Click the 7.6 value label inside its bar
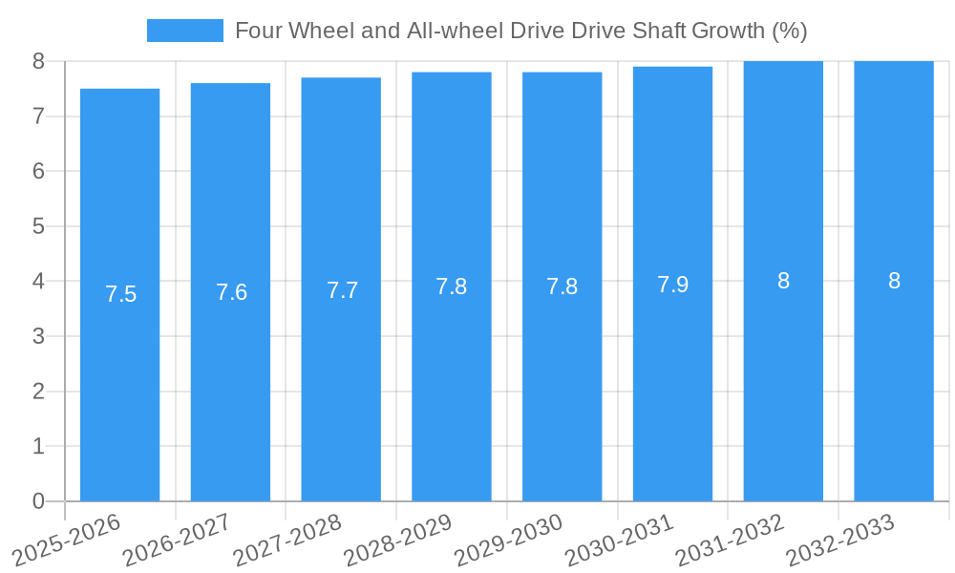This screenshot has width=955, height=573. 231,292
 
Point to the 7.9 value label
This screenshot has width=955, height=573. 672,285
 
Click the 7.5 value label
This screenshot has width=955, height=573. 120,294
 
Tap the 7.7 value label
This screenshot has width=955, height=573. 342,290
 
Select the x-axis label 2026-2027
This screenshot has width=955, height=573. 178,540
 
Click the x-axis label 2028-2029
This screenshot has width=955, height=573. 397,540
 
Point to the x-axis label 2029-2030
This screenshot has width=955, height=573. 508,540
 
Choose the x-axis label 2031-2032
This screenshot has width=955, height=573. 730,540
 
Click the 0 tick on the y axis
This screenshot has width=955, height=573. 38,501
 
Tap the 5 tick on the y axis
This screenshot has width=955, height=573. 38,226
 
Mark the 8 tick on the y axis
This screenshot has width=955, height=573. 38,61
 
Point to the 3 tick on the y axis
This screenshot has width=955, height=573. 38,336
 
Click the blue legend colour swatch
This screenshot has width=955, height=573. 184,31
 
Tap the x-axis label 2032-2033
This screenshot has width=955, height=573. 840,540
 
